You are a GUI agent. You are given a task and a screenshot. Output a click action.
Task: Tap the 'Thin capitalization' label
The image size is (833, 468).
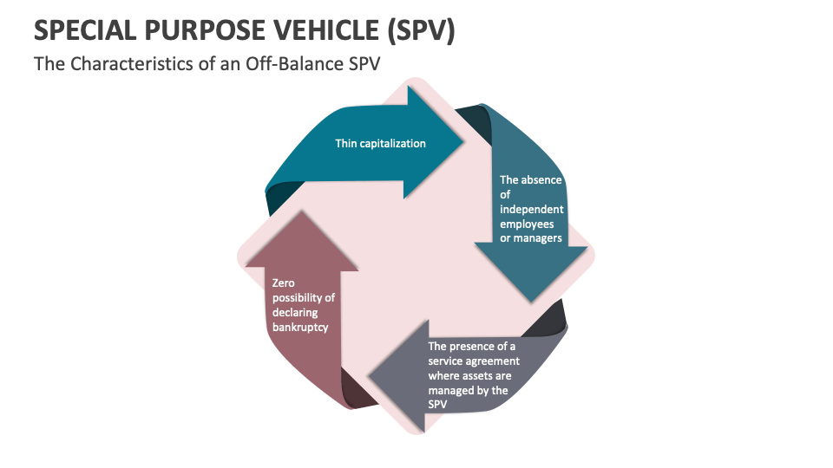(x=380, y=143)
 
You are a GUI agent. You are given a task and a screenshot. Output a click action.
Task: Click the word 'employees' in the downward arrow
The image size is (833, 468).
(x=527, y=224)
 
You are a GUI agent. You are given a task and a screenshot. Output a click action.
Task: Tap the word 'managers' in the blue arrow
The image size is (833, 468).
(x=537, y=237)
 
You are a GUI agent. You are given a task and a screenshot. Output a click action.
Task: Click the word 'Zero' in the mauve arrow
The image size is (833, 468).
(x=284, y=283)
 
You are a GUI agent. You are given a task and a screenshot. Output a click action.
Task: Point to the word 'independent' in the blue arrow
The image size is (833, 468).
(x=531, y=209)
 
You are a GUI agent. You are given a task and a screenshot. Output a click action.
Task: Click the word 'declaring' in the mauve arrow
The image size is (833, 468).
(x=295, y=313)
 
